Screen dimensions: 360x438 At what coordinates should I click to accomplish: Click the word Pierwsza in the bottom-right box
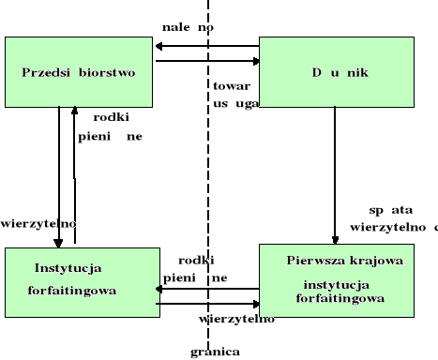coord(310,260)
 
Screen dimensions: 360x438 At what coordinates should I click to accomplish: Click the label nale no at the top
coord(188,27)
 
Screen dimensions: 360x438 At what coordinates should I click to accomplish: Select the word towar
coord(231,83)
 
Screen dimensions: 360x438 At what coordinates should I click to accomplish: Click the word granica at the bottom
coord(215,352)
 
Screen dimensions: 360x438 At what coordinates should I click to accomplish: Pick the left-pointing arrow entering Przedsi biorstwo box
coord(205,45)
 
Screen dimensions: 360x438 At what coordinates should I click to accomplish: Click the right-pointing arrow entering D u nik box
coord(205,61)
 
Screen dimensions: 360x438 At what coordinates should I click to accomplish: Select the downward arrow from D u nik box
coord(335,187)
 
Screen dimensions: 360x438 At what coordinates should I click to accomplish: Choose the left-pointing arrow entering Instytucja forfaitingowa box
coord(205,289)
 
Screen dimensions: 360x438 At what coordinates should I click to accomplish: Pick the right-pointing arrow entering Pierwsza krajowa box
coord(205,304)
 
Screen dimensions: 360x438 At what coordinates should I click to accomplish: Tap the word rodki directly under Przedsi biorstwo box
coord(111,117)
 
